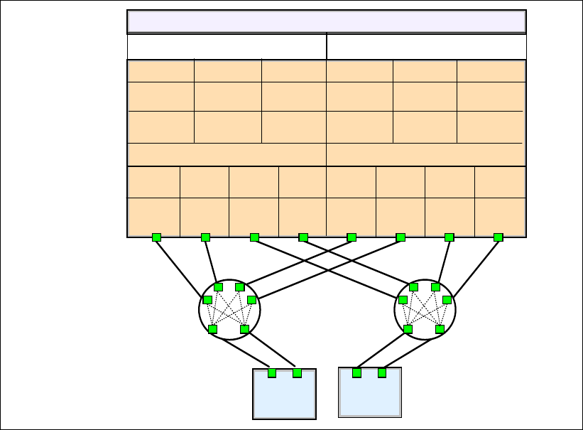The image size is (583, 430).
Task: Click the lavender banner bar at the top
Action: [x=326, y=21]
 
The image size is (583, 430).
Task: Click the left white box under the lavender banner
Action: [x=227, y=46]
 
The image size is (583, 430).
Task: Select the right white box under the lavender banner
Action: [x=426, y=46]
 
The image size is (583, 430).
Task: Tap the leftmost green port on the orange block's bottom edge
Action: [x=156, y=237]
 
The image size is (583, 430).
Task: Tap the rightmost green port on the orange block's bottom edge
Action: [x=498, y=237]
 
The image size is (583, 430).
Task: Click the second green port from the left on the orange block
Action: [x=205, y=237]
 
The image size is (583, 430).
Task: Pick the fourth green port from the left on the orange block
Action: [x=303, y=237]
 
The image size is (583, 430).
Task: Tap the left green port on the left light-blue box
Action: [x=272, y=373]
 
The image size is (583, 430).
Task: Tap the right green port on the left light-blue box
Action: [x=297, y=373]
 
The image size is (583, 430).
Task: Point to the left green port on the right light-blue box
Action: [x=356, y=373]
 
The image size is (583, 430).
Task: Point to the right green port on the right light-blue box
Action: [x=381, y=373]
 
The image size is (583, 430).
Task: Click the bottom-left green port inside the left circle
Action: [x=212, y=329]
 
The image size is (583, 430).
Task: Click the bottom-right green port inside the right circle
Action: [x=440, y=329]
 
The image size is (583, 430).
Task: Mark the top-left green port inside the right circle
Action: [x=414, y=287]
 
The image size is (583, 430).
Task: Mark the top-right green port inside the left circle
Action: [x=240, y=287]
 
